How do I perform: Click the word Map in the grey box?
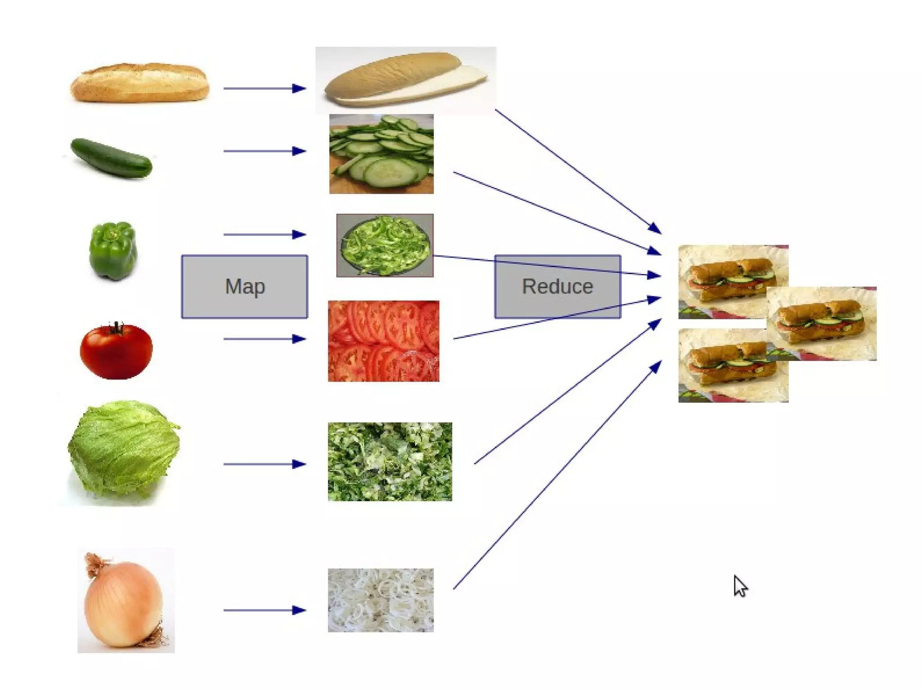(x=245, y=286)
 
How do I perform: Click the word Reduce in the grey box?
(x=557, y=286)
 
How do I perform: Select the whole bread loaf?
(x=140, y=83)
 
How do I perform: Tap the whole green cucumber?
(x=112, y=157)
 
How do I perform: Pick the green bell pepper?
(x=113, y=250)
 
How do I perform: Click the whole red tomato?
(x=116, y=351)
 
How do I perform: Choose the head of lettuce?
(x=124, y=450)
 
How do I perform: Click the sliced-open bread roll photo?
(x=405, y=80)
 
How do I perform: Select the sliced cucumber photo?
(x=381, y=154)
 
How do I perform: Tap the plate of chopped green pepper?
(x=385, y=245)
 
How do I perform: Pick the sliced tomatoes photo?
(x=384, y=341)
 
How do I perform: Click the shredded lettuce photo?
(x=390, y=462)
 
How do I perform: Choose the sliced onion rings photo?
(x=381, y=600)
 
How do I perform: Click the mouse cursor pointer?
(x=740, y=586)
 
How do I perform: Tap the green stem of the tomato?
(x=117, y=328)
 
